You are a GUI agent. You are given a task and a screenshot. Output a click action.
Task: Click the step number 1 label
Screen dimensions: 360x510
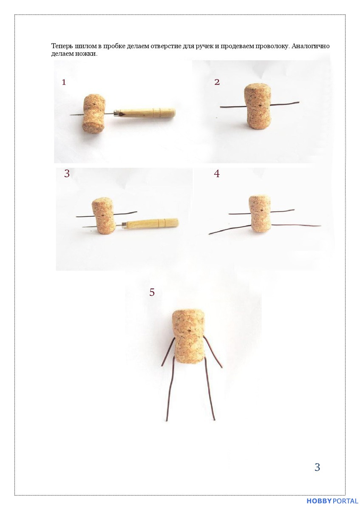point(64,82)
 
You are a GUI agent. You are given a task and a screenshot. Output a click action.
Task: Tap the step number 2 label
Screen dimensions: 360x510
point(217,82)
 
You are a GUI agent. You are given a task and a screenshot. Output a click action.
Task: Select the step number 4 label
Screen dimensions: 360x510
point(216,174)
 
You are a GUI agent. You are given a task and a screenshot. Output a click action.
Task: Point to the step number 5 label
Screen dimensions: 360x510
point(152,292)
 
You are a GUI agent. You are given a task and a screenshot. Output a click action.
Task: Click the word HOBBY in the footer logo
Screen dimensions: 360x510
point(319,501)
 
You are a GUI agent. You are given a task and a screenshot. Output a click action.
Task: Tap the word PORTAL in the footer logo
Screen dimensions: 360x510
point(345,501)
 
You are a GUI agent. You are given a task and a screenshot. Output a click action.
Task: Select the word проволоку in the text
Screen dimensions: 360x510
point(272,46)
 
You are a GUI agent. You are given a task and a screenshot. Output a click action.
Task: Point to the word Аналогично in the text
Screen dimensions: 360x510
point(310,46)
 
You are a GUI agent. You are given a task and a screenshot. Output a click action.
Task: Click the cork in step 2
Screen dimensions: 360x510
point(258,106)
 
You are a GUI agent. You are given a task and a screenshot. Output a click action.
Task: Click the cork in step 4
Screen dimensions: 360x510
point(260,213)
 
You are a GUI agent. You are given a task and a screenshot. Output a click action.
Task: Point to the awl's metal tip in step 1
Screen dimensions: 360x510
point(70,115)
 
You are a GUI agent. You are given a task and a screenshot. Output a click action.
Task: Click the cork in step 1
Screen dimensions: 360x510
point(94,113)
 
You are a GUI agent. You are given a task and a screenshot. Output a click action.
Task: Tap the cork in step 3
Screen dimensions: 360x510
point(104,215)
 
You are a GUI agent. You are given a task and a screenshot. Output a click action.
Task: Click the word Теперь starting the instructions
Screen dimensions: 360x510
point(60,46)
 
